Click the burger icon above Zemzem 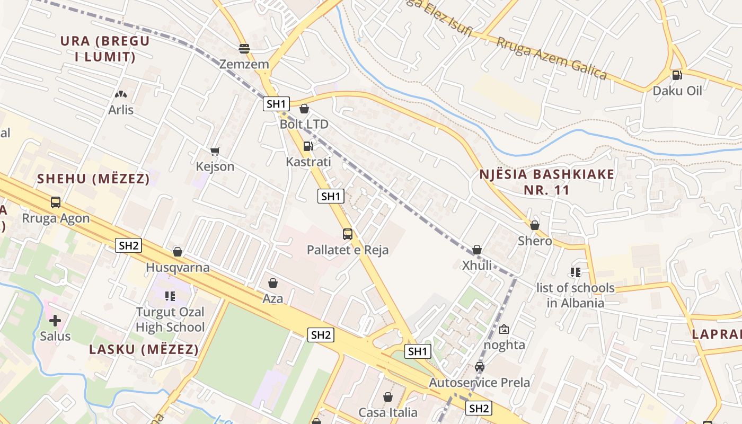244,49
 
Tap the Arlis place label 121,110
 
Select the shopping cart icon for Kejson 215,152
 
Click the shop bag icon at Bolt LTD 304,109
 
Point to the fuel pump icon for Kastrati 308,146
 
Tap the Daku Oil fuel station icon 677,75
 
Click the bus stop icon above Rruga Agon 56,202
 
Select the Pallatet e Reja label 348,250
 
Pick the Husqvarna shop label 178,267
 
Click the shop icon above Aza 273,284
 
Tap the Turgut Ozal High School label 170,320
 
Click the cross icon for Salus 55,321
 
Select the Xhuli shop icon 477,250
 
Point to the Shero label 535,241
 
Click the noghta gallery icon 503,330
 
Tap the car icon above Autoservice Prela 480,367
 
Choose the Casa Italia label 388,412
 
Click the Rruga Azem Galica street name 551,58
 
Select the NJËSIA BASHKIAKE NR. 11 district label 547,182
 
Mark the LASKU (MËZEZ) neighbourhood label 144,350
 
